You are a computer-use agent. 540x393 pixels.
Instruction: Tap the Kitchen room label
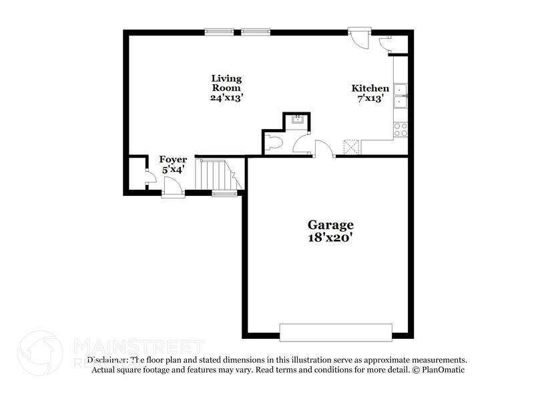pos(370,88)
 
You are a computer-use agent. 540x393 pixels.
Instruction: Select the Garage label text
pos(330,225)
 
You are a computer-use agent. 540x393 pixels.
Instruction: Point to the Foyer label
pos(173,160)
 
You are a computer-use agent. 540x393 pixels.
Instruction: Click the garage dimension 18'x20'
pos(330,237)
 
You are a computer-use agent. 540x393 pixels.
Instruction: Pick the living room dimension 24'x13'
pos(226,97)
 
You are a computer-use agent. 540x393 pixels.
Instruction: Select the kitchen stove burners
pos(400,129)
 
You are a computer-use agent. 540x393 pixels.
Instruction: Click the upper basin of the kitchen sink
pos(400,90)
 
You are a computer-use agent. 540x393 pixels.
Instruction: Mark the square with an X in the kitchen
pos(351,146)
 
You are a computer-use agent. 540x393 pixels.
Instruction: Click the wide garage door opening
pos(335,332)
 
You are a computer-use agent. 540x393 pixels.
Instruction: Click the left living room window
pos(219,31)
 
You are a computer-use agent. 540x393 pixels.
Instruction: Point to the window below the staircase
pos(224,194)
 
